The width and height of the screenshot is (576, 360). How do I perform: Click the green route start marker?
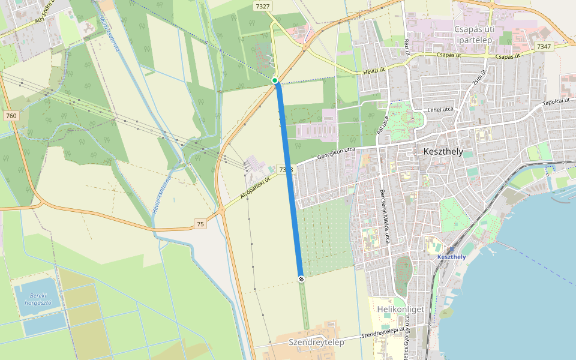point(275,80)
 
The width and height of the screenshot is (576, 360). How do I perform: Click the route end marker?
point(301,278)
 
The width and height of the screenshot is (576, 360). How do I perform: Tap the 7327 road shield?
point(263,6)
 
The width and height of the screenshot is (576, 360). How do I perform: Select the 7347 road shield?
point(544,46)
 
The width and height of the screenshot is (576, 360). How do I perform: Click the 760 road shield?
point(10,115)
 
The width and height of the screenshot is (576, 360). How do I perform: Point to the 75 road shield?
point(201,224)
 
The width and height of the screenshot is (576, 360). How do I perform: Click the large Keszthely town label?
point(443,151)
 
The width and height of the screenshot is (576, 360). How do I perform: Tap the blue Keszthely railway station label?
point(452,257)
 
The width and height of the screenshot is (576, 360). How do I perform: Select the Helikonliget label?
point(401,309)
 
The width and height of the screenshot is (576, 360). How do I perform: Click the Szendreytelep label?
point(316,342)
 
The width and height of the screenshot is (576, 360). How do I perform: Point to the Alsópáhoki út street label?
point(256,187)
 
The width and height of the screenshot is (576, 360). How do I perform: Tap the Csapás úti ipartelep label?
point(474,34)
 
